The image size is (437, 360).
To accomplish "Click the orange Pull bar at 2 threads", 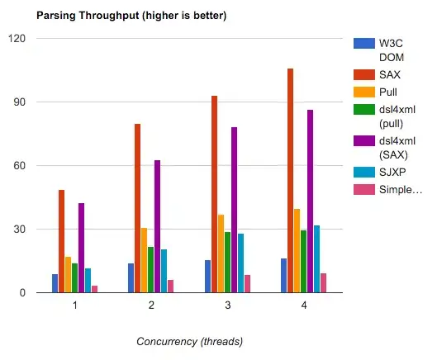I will [144, 260].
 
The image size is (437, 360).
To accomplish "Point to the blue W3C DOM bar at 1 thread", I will [55, 283].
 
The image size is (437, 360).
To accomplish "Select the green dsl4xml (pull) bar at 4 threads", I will [304, 261].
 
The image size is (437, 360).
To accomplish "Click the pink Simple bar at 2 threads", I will [171, 286].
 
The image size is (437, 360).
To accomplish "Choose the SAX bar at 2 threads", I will [137, 208].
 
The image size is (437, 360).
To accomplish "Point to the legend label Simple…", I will [400, 189].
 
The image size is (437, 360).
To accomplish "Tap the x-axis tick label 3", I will [227, 306].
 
